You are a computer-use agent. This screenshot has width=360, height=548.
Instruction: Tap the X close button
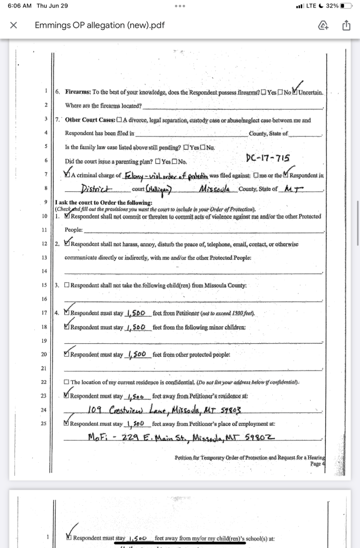coord(13,25)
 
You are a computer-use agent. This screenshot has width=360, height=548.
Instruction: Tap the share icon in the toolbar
coord(346,25)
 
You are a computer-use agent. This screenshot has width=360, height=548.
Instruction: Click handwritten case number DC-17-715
coord(267,158)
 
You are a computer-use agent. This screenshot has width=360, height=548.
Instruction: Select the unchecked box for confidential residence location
coord(66,382)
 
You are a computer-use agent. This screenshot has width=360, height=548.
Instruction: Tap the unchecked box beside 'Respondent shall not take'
coord(66,285)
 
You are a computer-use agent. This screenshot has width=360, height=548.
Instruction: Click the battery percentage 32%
coord(332,6)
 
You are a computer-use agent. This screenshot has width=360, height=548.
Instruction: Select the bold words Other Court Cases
coord(89,120)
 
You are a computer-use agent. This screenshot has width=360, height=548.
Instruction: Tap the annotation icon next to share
coord(323,25)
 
